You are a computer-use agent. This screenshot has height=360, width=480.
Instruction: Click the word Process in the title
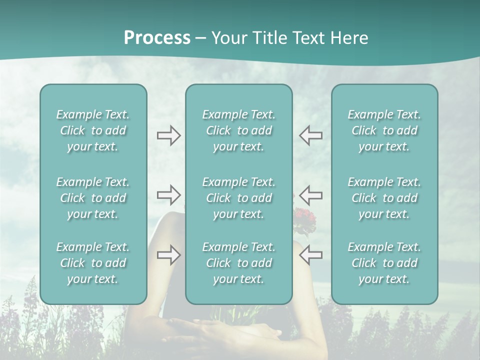point(157,38)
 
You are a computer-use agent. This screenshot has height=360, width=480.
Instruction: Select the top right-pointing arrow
point(168,135)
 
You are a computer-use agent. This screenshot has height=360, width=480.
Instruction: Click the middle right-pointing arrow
point(168,195)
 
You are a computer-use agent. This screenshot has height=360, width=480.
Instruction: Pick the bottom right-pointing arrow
point(168,255)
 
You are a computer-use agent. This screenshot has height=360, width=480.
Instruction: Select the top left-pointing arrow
point(310,135)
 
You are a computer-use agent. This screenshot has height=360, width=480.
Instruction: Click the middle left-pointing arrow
point(310,195)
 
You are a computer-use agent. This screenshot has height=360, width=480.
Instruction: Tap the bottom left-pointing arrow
point(310,255)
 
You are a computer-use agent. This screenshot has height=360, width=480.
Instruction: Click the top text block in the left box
point(93,130)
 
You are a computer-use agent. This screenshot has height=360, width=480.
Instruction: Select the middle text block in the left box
point(93,198)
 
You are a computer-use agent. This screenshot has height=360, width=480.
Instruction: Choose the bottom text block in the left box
point(93,263)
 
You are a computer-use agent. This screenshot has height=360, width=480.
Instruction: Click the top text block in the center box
point(238,130)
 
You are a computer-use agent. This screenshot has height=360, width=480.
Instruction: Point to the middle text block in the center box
point(238,198)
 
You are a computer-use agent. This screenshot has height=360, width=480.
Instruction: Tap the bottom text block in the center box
point(238,263)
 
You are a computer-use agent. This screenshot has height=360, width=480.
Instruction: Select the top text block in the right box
point(384,130)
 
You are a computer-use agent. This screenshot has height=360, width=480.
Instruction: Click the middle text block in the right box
point(384,198)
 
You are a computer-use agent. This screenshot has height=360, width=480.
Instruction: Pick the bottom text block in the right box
point(384,263)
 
